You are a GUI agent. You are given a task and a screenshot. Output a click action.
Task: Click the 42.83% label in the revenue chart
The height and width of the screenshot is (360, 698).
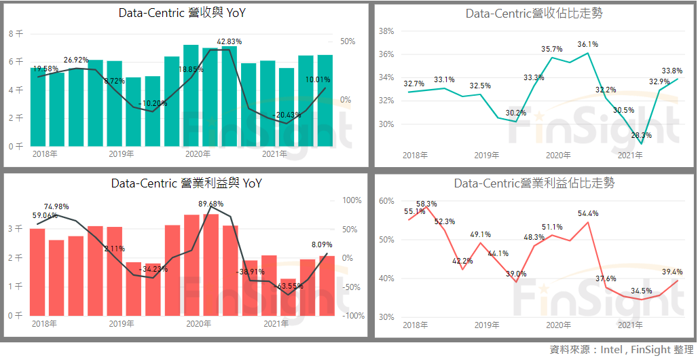coord(229,41)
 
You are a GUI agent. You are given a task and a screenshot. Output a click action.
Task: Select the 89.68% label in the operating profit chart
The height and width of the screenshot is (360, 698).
coord(211,204)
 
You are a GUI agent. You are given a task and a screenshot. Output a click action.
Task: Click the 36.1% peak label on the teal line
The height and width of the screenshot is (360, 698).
coord(588,45)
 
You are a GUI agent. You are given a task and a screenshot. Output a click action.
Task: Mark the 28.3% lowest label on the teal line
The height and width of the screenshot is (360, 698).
coord(642,135)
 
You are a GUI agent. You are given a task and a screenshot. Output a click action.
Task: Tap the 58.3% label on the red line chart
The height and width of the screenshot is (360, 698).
coord(426,204)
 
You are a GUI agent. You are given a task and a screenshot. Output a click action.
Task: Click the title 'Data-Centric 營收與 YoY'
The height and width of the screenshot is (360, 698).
coord(182,13)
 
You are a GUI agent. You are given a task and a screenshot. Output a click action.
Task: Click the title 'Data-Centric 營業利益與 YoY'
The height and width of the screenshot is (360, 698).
coord(186,183)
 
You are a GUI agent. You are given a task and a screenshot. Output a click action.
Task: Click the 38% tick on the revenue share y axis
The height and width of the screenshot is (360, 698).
coord(386,31)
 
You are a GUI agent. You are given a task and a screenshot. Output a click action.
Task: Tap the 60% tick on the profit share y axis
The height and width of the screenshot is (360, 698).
coord(386,201)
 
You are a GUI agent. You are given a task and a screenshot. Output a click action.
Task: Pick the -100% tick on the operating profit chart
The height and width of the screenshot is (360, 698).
coord(353,316)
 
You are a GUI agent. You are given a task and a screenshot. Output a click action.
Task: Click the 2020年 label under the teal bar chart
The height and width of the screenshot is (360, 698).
coord(198,154)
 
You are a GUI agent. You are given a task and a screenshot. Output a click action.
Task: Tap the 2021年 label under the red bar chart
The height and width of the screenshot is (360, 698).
coord(275,324)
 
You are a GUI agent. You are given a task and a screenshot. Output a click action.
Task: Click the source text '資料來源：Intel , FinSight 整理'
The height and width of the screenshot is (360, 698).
coord(621,350)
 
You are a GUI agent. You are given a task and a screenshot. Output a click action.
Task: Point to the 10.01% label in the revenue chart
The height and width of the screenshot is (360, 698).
coord(318,79)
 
